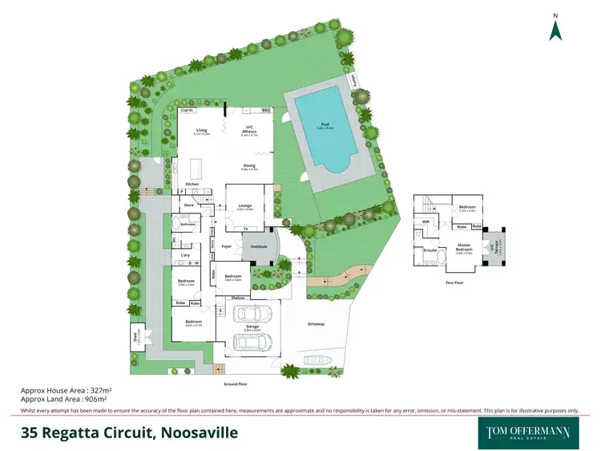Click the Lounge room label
tap(244, 205)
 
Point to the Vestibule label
tap(258, 246)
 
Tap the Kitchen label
tap(192, 185)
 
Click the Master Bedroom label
tap(464, 246)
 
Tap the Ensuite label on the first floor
tap(430, 250)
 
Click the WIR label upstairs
tap(426, 221)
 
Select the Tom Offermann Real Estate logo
tap(527, 433)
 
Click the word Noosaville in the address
tap(200, 433)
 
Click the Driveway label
tap(316, 324)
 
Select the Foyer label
tap(226, 246)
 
